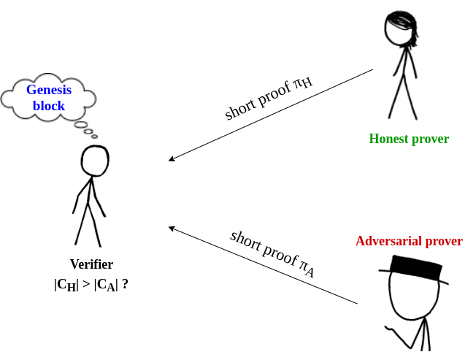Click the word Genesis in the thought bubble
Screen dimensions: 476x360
[49, 90]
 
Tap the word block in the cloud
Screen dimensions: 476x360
[49, 106]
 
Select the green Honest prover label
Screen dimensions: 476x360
[409, 139]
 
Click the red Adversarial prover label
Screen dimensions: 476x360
[409, 241]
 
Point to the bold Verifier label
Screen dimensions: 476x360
[91, 264]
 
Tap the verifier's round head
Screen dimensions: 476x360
[95, 161]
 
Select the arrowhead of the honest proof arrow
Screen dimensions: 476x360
[172, 158]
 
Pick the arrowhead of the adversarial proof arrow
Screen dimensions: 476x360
[172, 229]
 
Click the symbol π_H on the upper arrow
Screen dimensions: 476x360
[302, 83]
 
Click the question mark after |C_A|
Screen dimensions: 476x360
[125, 284]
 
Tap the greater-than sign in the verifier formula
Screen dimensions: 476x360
[87, 284]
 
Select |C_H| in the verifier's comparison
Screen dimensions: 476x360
[66, 285]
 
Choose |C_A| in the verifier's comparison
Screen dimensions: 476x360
[106, 285]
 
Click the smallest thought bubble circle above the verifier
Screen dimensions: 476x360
[94, 137]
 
